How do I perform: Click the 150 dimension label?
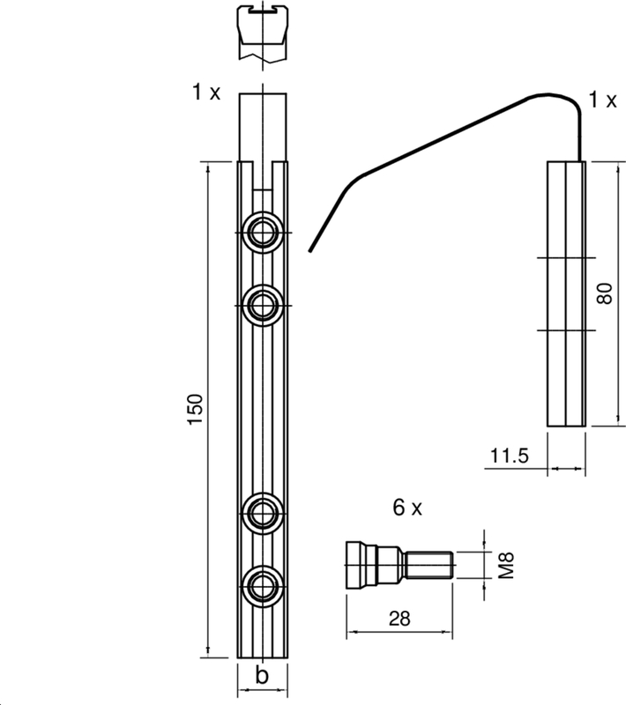[x=196, y=409]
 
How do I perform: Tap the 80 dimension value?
[x=606, y=293]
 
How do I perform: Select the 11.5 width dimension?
[x=509, y=456]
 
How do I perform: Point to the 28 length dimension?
[x=399, y=620]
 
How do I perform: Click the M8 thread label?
[x=506, y=566]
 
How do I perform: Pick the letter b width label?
[x=262, y=674]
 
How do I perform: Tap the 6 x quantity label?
[x=407, y=508]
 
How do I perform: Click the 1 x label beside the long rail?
[x=206, y=93]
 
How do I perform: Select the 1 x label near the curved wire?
[x=602, y=100]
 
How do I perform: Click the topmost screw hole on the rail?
[x=263, y=233]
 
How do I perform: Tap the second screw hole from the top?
[x=263, y=306]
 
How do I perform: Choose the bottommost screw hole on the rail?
[x=263, y=586]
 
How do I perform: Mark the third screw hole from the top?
[x=263, y=513]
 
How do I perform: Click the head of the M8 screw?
[x=355, y=565]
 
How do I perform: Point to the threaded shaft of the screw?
[x=429, y=565]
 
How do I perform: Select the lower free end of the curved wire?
[x=309, y=251]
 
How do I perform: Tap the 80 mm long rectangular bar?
[x=567, y=293]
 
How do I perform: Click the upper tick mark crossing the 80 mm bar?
[x=567, y=258]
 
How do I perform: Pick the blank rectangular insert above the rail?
[x=263, y=127]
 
